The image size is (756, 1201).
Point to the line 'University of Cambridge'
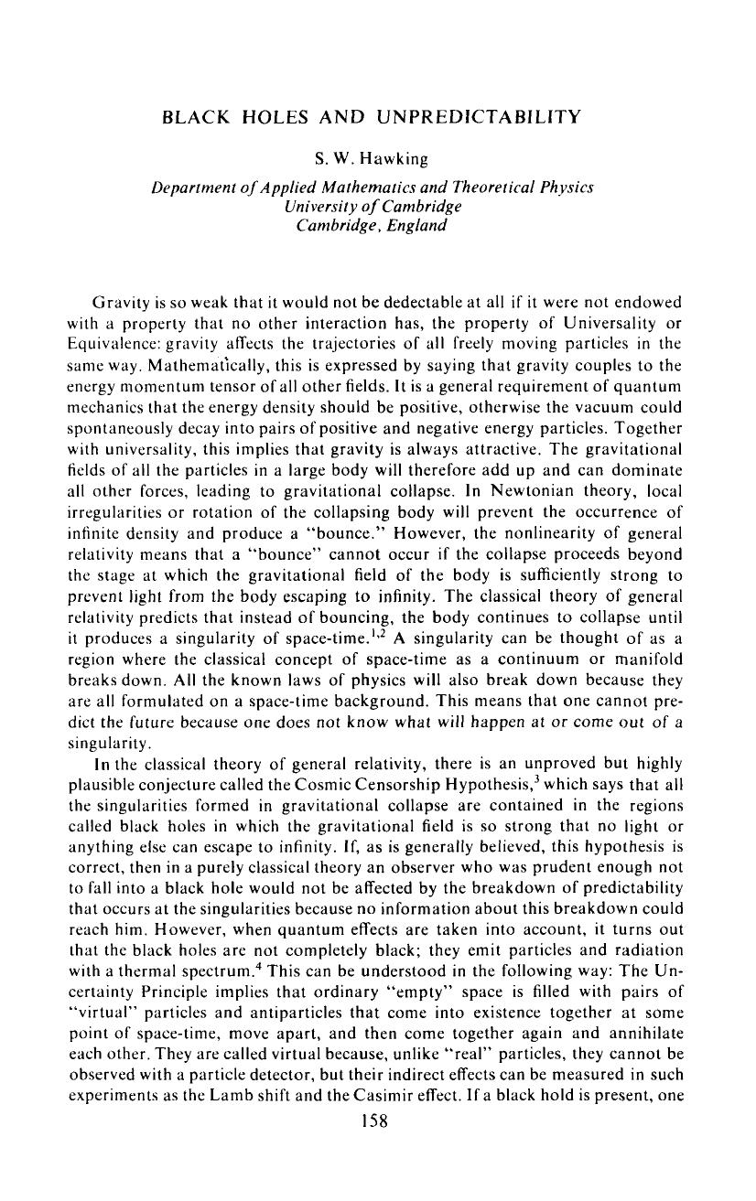pyautogui.click(x=372, y=205)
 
